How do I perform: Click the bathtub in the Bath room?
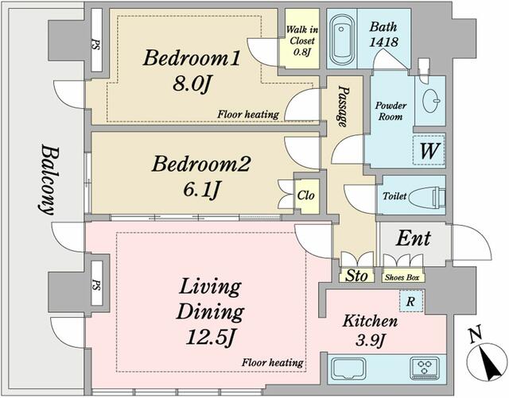pyautogui.click(x=341, y=39)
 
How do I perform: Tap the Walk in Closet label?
pyautogui.click(x=302, y=41)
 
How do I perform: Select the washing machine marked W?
pyautogui.click(x=429, y=150)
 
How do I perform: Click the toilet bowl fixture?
pyautogui.click(x=427, y=196)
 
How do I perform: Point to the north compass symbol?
pyautogui.click(x=487, y=357)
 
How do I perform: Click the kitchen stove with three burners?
pyautogui.click(x=425, y=368)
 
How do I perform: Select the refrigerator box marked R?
pyautogui.click(x=411, y=301)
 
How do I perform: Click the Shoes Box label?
pyautogui.click(x=402, y=278)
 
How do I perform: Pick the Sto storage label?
pyautogui.click(x=356, y=276)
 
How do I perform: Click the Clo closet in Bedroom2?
pyautogui.click(x=306, y=195)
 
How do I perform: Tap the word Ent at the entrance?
pyautogui.click(x=414, y=238)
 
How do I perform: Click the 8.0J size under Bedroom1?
pyautogui.click(x=192, y=84)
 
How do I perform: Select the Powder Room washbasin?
pyautogui.click(x=431, y=100)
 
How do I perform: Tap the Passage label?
pyautogui.click(x=343, y=106)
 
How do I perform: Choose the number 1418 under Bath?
pyautogui.click(x=383, y=41)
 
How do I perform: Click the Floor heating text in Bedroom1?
pyautogui.click(x=248, y=114)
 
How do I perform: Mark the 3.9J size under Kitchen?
pyautogui.click(x=371, y=341)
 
